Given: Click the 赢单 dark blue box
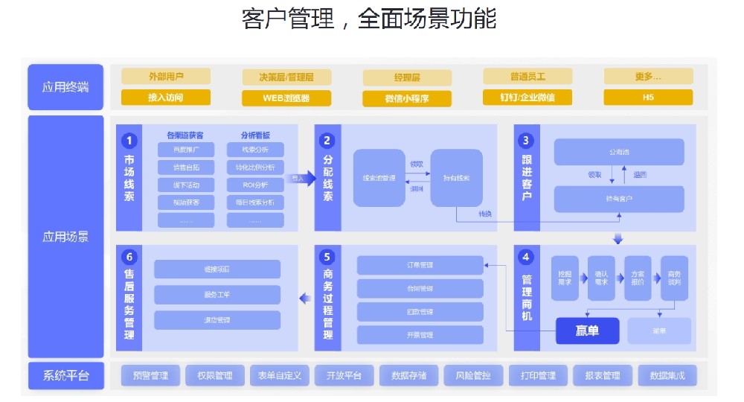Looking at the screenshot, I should point(587,331).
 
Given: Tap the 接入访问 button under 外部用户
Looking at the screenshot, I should point(165,98).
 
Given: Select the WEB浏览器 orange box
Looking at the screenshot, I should point(286,98).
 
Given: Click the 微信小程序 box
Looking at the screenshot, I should point(407,98).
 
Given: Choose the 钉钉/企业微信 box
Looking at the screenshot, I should point(527,98).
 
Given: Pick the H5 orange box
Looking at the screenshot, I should point(648,98).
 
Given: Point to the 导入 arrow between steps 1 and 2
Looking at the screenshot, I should point(301,179).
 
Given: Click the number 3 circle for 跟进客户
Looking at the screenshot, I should point(527,140).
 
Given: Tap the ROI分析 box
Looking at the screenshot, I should point(255,185).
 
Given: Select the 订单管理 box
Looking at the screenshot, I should point(420,265).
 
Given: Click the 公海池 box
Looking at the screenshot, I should point(618,152).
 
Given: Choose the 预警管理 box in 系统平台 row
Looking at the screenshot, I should point(150,375).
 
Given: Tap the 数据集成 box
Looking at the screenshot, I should point(667,375).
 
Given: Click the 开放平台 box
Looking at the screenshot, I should point(344,375).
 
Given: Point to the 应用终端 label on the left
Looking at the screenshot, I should point(65,87).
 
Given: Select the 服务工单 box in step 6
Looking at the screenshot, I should point(217,294).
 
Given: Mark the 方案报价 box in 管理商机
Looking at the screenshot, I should point(637,278).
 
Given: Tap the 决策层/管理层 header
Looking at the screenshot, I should point(286,77).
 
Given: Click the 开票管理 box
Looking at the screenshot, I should point(420,335).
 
